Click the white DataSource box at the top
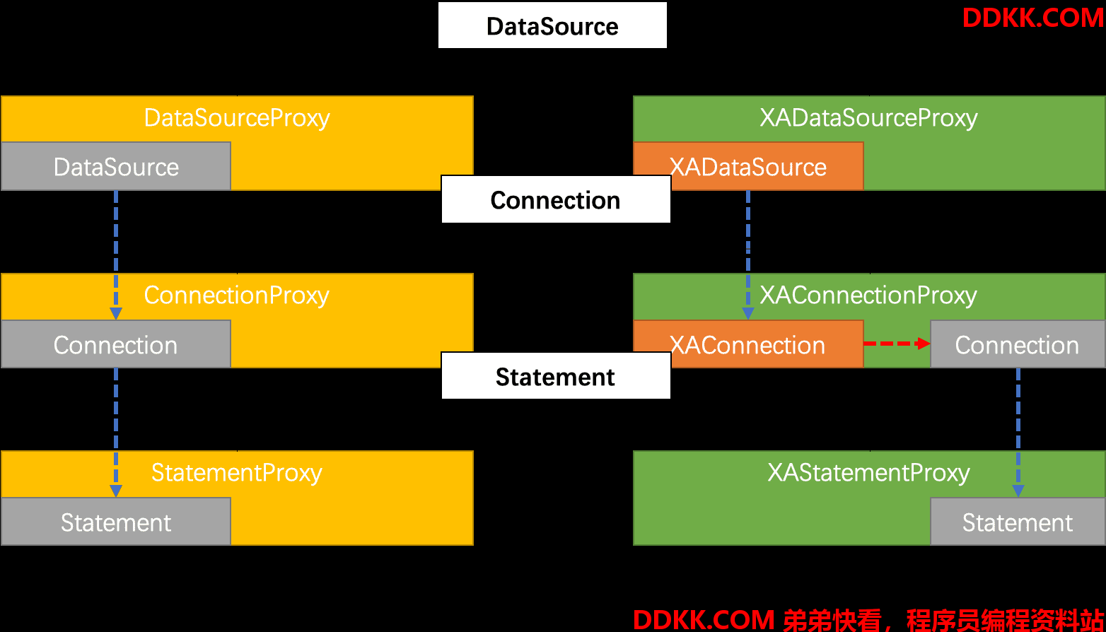[x=552, y=25]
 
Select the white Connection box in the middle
[x=556, y=199]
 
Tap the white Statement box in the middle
[x=556, y=376]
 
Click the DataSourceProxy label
[x=237, y=118]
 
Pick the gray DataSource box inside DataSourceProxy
[x=116, y=166]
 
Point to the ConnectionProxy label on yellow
[x=236, y=295]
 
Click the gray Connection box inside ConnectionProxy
[x=116, y=344]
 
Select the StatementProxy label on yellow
[x=236, y=473]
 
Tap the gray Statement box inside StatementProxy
[x=116, y=522]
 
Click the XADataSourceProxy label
[x=868, y=118]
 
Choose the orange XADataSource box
[x=748, y=166]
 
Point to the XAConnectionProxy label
[x=868, y=295]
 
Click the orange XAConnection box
[x=748, y=344]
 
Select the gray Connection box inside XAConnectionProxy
[x=1018, y=344]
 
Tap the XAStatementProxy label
[x=868, y=473]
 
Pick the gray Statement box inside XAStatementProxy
[x=1018, y=522]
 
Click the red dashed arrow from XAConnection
[x=897, y=343]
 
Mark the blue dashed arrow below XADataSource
[x=748, y=255]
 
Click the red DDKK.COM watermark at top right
[x=1033, y=18]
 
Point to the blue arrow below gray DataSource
[x=116, y=255]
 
